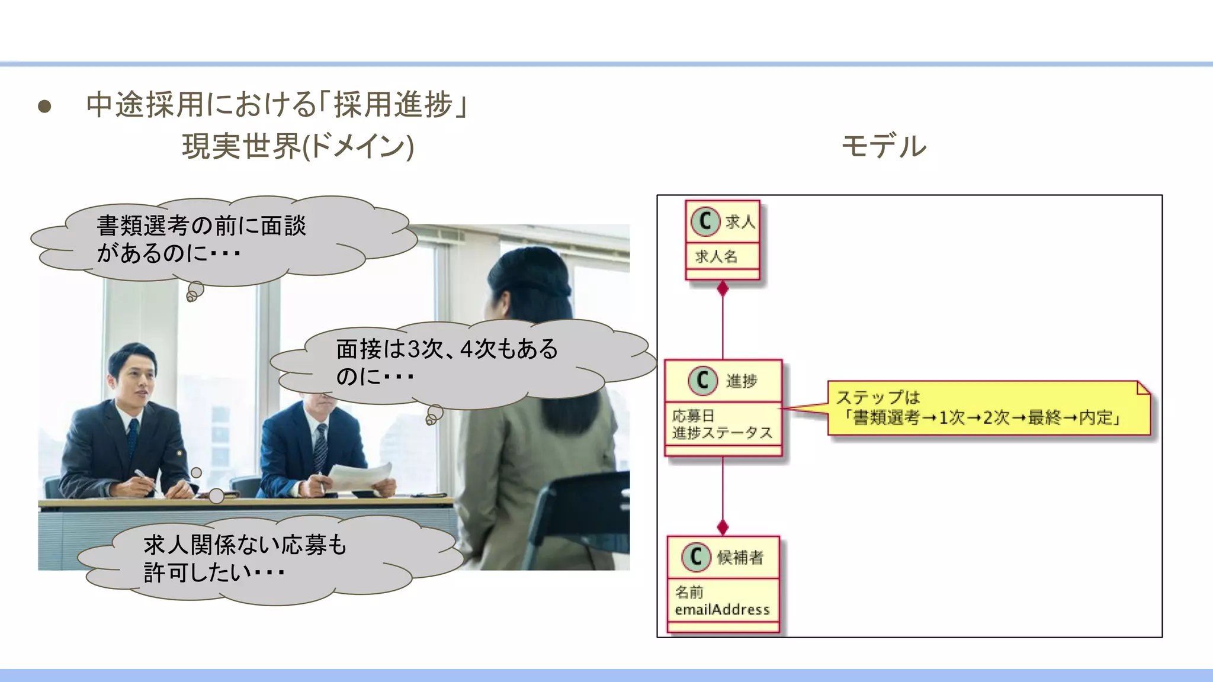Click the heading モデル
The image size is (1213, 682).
884,146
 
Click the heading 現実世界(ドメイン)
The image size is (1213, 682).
298,146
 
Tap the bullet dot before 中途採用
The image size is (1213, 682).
44,107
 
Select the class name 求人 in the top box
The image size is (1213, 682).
740,222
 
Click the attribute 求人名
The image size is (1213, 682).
716,256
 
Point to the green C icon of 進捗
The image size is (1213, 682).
703,380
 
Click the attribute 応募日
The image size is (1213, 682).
693,416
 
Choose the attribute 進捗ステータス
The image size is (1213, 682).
722,433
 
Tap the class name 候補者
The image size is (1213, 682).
740,557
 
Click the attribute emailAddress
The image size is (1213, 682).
722,609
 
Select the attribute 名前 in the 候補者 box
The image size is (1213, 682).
689,592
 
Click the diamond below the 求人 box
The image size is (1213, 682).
723,289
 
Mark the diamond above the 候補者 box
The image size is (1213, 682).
723,526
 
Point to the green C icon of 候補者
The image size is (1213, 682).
697,557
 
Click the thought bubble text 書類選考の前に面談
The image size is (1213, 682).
201,226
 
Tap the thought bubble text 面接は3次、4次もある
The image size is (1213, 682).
447,349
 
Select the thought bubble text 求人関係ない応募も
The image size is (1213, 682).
245,545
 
